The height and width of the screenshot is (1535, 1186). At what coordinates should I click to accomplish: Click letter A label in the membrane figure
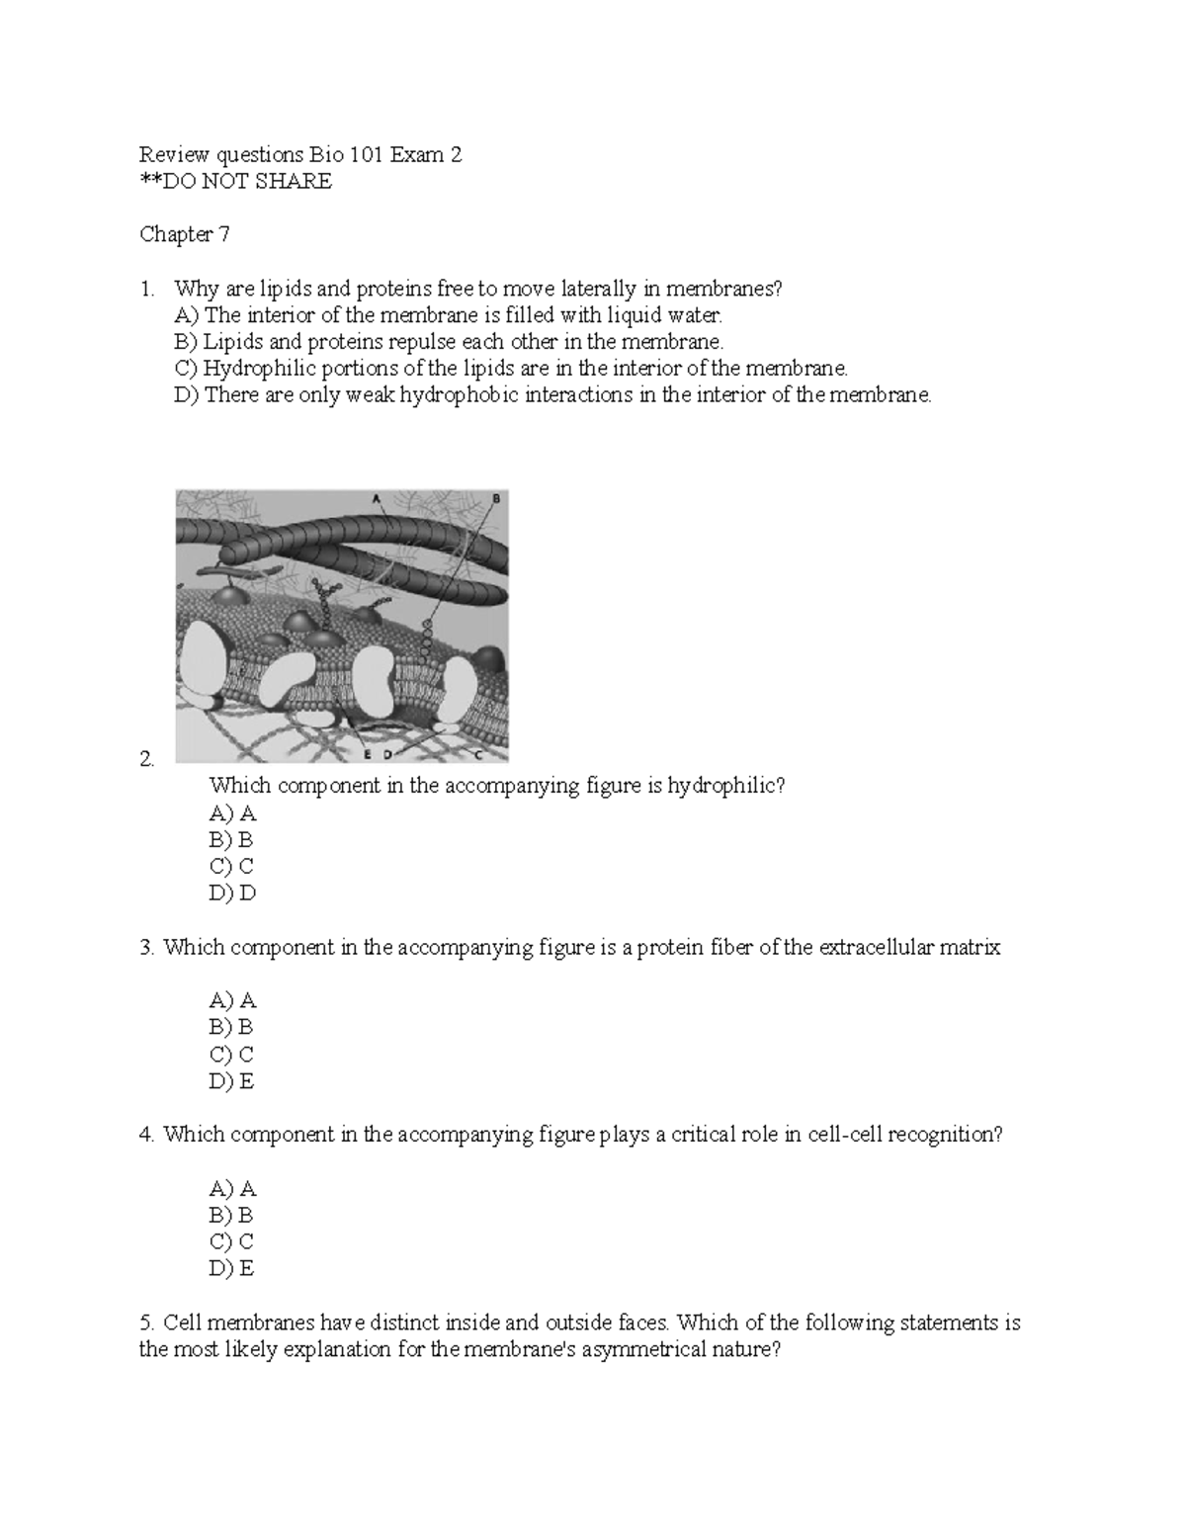click(x=376, y=499)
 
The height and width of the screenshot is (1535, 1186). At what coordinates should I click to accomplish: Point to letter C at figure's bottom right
click(x=478, y=755)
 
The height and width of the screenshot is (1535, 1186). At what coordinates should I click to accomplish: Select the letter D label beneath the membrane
click(x=387, y=755)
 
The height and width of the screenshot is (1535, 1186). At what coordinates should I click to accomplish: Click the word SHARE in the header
click(x=294, y=182)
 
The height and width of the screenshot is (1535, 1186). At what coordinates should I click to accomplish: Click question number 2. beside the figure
click(x=147, y=759)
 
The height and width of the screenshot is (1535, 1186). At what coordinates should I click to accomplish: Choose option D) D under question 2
click(x=232, y=894)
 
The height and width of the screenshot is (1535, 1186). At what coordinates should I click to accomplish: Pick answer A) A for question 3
click(x=232, y=1001)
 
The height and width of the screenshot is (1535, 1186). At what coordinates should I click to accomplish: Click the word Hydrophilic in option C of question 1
click(x=260, y=369)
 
